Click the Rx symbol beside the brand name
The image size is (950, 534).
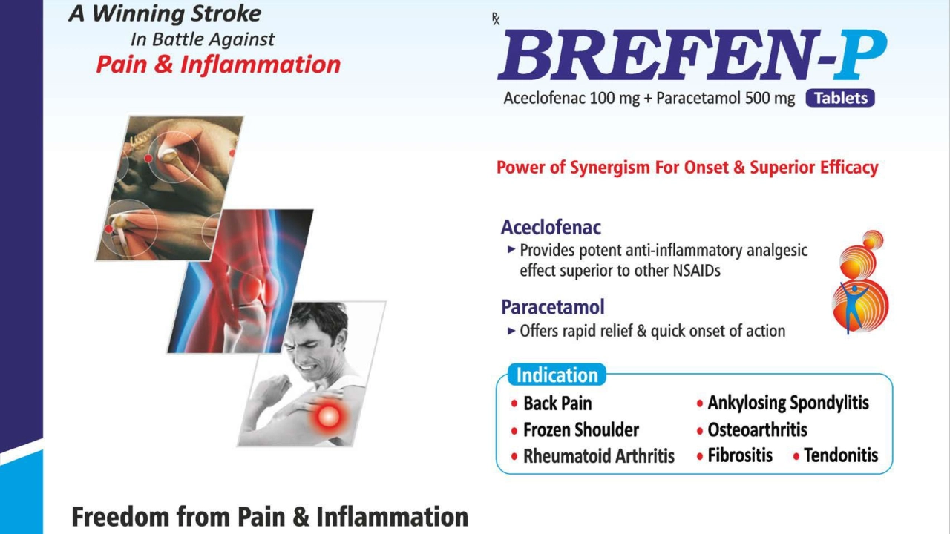(x=495, y=19)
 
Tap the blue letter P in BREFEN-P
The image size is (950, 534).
(x=860, y=54)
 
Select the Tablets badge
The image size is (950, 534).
(x=840, y=98)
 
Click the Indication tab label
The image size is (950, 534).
(x=557, y=375)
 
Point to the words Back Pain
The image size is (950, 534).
(x=557, y=403)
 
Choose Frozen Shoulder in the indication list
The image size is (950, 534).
(x=581, y=429)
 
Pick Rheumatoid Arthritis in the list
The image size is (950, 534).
(x=599, y=456)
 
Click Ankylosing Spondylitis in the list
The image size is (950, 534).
(x=788, y=403)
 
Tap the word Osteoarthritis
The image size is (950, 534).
(x=757, y=429)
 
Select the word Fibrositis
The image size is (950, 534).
(x=740, y=455)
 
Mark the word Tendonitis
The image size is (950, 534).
(x=841, y=455)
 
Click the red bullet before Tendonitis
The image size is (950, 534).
(x=796, y=457)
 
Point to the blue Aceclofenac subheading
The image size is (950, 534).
(x=551, y=228)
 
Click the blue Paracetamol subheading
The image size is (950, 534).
(x=553, y=307)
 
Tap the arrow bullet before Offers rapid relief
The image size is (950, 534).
(x=511, y=331)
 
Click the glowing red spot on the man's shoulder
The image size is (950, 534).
(x=328, y=417)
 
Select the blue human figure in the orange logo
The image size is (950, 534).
(x=853, y=307)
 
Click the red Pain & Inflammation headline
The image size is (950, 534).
(x=218, y=65)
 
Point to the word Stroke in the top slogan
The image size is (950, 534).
(x=226, y=13)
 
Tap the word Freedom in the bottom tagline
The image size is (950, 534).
(x=120, y=517)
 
